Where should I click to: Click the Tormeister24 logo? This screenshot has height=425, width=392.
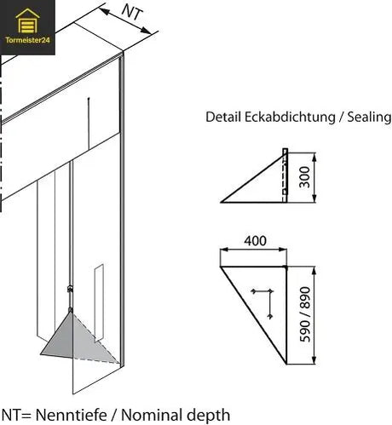(x=27, y=26)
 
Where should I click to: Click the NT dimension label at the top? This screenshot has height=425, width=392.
(x=130, y=13)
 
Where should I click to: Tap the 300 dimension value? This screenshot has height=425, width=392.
(x=304, y=177)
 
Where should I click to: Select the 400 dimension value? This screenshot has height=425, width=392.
(x=254, y=241)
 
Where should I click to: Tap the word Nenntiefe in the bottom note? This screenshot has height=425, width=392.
(x=67, y=415)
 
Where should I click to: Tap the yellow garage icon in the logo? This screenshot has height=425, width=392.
(x=27, y=19)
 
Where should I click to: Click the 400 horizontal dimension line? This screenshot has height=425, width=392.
(x=253, y=252)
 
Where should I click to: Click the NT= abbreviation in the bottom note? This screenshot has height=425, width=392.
(x=13, y=415)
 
